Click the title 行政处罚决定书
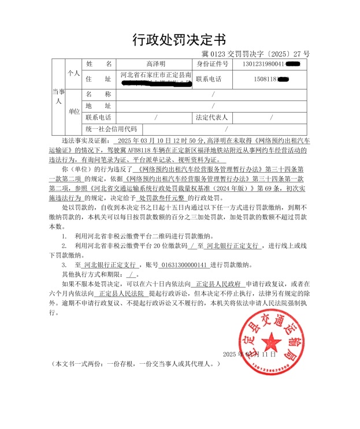click(179, 39)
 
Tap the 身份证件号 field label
click(212, 64)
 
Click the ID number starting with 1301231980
click(263, 64)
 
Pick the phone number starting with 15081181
click(263, 79)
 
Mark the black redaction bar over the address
click(156, 84)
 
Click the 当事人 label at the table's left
click(57, 95)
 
